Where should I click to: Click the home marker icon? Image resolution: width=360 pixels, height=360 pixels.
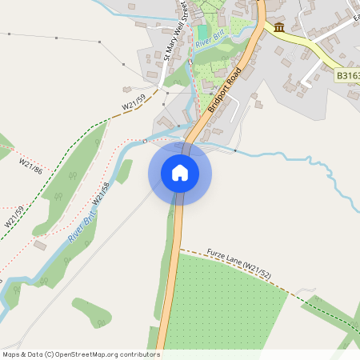(x=180, y=173)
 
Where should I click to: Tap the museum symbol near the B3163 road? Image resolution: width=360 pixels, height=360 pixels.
(x=279, y=28)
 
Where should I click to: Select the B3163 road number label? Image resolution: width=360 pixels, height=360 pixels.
(x=347, y=76)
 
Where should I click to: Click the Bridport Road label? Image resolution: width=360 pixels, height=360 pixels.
(x=223, y=88)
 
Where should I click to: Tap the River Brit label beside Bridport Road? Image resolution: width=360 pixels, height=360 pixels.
(x=208, y=40)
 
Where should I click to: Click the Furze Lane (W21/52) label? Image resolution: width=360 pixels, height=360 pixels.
(x=238, y=263)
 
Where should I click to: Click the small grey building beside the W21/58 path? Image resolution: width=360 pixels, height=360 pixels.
(x=40, y=245)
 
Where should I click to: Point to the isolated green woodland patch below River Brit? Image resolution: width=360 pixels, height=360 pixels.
(x=90, y=312)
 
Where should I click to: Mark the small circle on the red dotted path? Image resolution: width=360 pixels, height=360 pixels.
(x=145, y=142)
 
